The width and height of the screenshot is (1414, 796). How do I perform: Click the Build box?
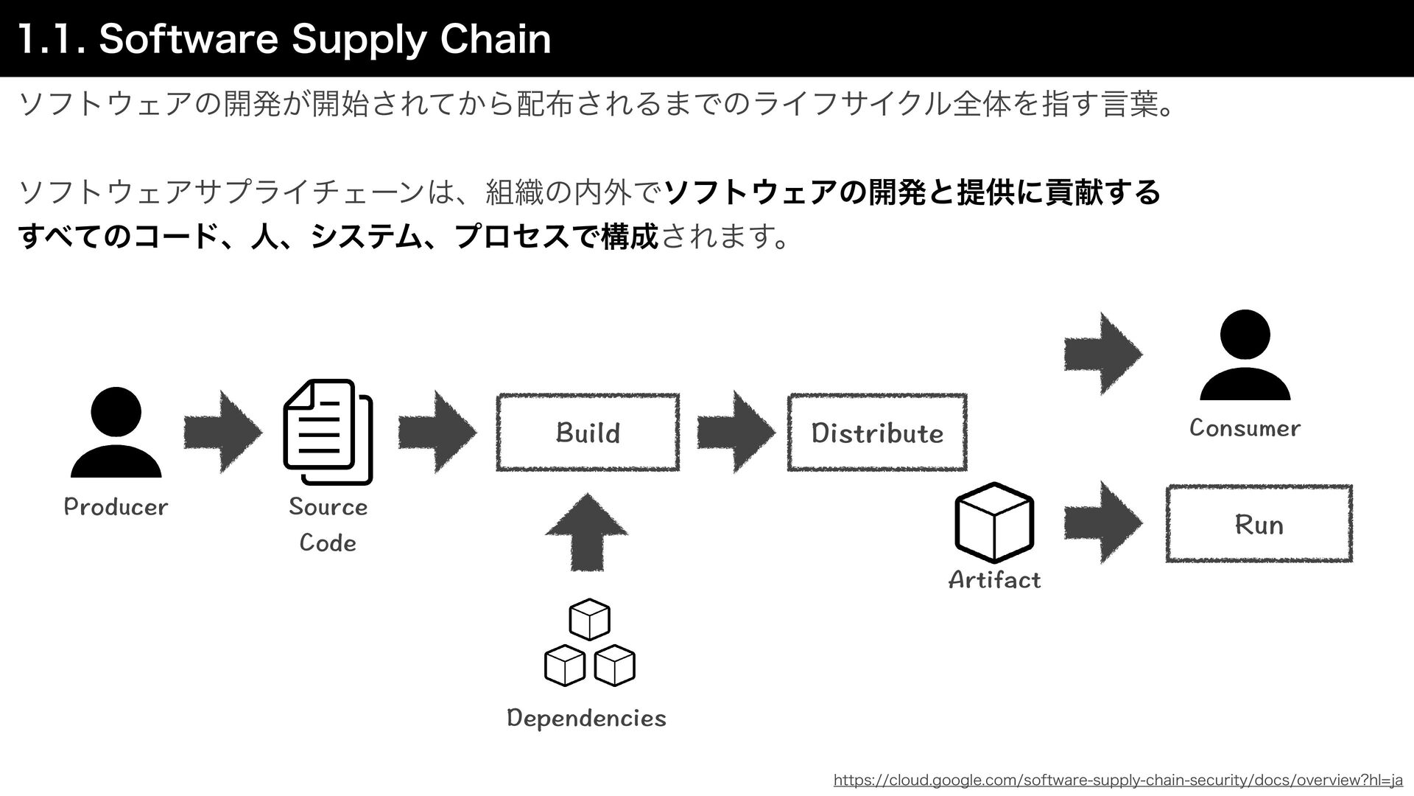588,433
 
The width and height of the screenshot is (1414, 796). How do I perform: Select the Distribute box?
876,433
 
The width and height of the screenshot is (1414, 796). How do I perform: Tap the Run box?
1259,524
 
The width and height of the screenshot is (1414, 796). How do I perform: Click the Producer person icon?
116,433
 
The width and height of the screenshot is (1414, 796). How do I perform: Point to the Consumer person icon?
1245,355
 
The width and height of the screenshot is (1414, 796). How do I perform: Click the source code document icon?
328,432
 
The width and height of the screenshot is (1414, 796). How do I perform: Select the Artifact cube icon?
994,522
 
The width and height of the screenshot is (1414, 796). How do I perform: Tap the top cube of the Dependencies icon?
589,619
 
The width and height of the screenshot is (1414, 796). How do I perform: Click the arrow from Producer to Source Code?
222,432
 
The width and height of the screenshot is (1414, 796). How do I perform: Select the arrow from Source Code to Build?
437,432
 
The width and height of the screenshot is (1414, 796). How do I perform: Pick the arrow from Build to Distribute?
736,432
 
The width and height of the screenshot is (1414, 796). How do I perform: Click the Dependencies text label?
586,718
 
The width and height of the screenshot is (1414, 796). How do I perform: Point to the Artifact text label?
994,580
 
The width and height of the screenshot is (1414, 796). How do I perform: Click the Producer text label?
116,507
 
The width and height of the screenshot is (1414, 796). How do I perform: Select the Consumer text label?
1245,428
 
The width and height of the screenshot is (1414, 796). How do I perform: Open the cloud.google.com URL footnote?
1118,780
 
